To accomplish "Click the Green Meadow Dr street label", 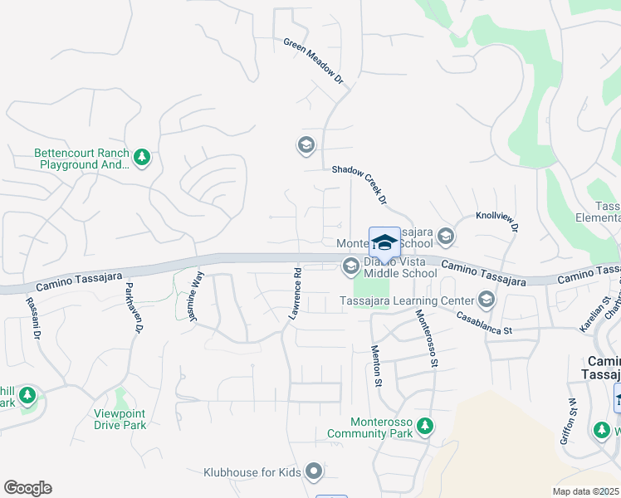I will pyautogui.click(x=313, y=61).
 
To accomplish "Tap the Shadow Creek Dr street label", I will pyautogui.click(x=359, y=183).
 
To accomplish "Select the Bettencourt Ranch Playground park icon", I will pyautogui.click(x=142, y=156).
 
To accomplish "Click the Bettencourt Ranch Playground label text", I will pyautogui.click(x=81, y=159).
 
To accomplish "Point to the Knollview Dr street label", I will pyautogui.click(x=496, y=221).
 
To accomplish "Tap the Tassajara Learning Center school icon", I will pyautogui.click(x=487, y=300).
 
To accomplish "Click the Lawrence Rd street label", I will pyautogui.click(x=295, y=294).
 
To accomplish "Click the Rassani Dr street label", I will pyautogui.click(x=32, y=319).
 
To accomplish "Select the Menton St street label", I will pyautogui.click(x=376, y=365).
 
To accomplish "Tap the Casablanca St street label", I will pyautogui.click(x=486, y=323).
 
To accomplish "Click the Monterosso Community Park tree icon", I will pyautogui.click(x=424, y=427).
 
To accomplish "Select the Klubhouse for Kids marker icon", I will pyautogui.click(x=313, y=472).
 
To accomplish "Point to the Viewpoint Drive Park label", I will pyautogui.click(x=109, y=419).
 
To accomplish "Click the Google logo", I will pyautogui.click(x=27, y=488).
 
